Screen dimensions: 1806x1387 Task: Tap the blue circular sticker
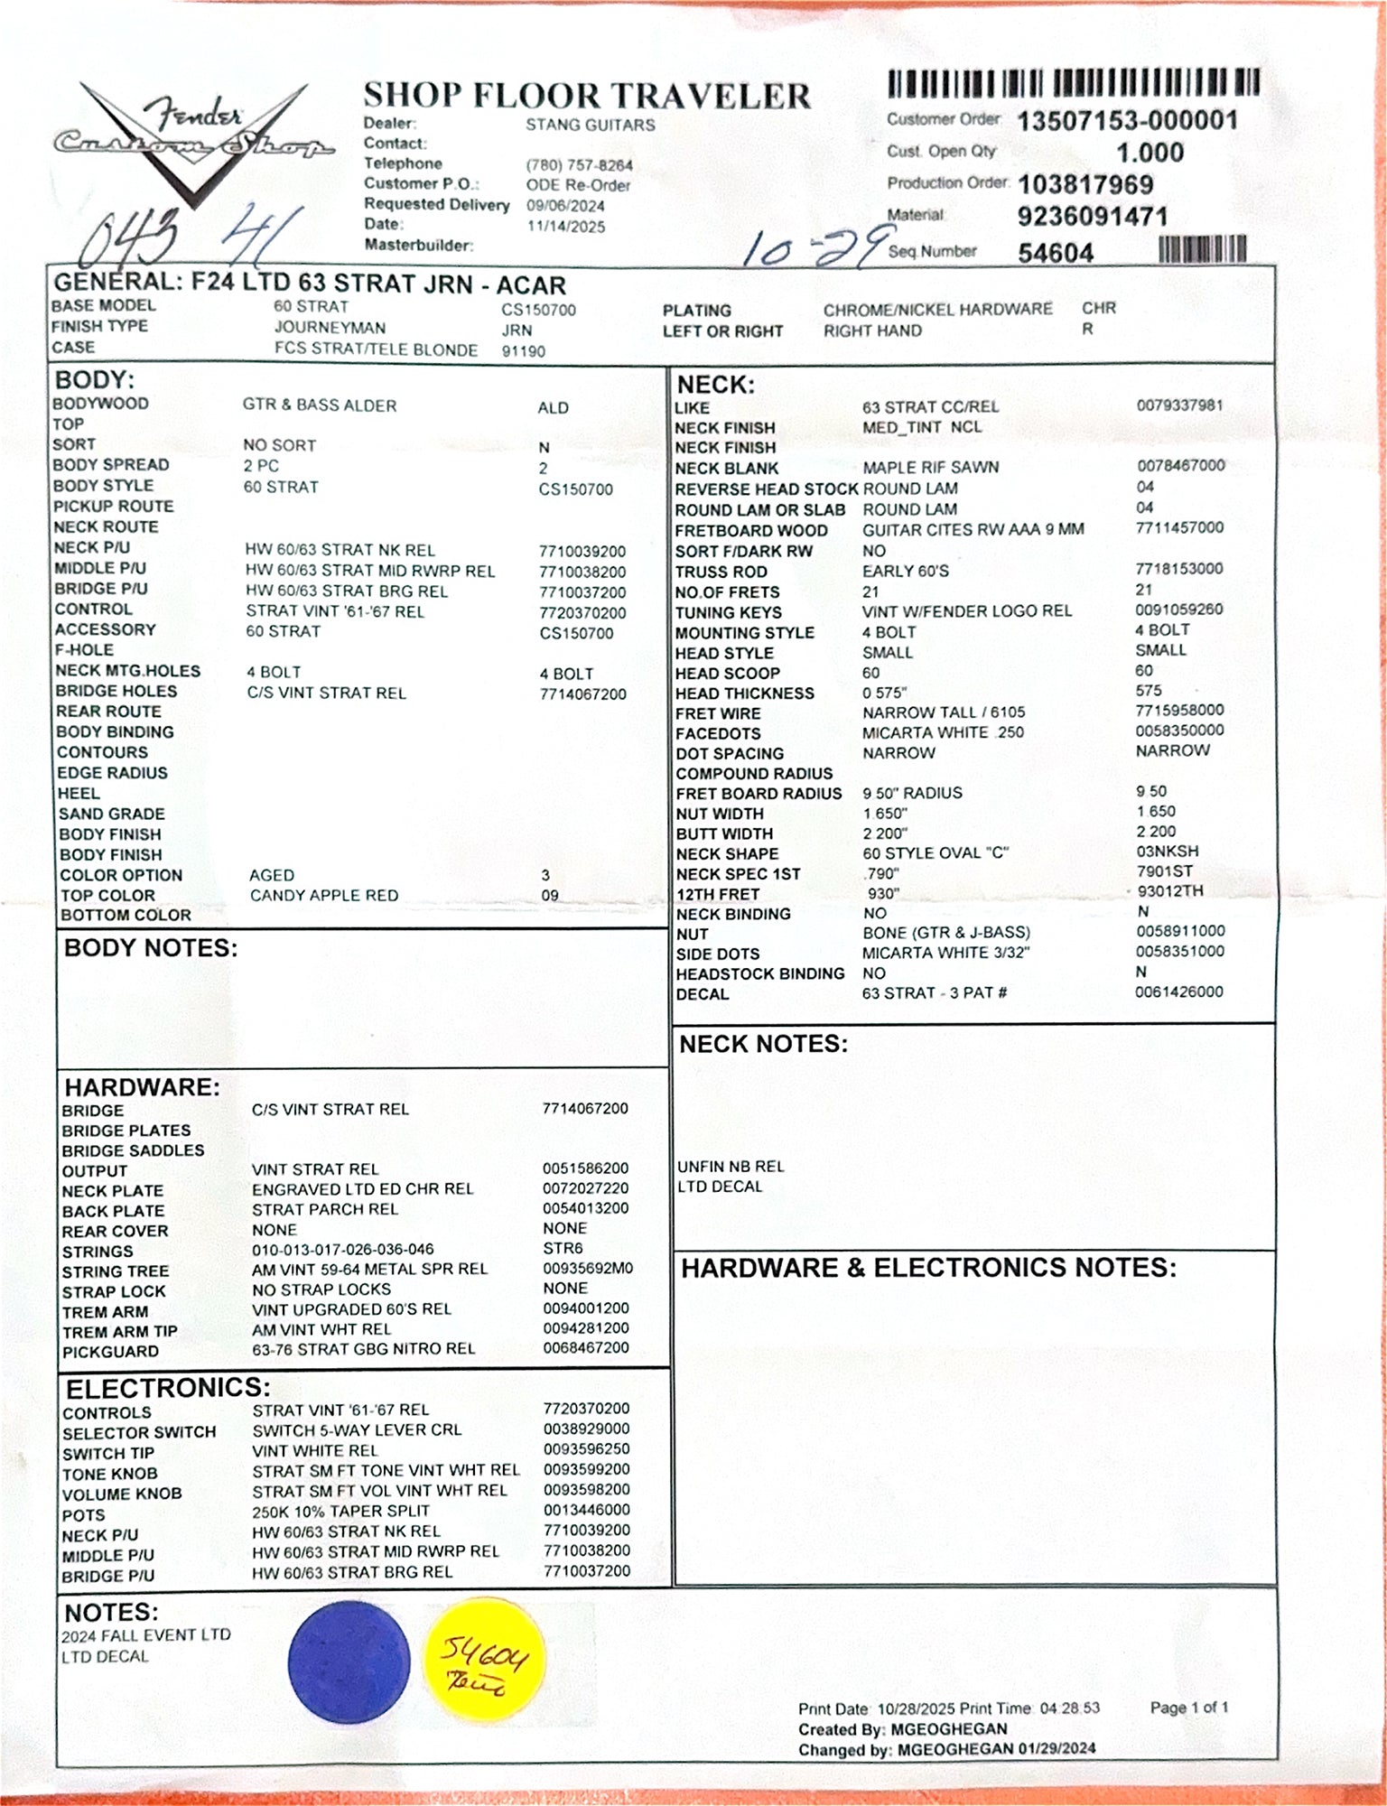click(349, 1662)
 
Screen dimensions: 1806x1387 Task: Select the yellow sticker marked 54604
click(484, 1663)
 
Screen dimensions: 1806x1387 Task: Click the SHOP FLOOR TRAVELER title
click(587, 96)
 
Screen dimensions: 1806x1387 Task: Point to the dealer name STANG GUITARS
click(591, 126)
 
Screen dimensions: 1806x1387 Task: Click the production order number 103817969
click(1085, 185)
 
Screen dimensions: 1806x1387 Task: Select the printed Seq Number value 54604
click(1056, 253)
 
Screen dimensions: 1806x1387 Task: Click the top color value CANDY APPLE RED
click(324, 896)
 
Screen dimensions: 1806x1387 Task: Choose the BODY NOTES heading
click(151, 948)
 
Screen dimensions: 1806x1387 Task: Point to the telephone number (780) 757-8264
click(579, 166)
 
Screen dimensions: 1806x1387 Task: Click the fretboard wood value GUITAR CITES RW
click(973, 530)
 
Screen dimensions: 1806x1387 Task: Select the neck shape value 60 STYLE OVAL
click(935, 853)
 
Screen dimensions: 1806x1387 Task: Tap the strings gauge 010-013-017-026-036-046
click(342, 1250)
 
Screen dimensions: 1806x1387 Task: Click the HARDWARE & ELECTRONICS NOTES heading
click(928, 1268)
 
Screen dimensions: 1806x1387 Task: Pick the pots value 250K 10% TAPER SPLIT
click(340, 1511)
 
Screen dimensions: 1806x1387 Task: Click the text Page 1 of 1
click(1188, 1708)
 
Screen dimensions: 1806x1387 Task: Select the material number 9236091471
click(1093, 218)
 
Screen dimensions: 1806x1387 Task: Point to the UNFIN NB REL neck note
click(731, 1167)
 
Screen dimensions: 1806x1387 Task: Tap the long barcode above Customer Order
click(1074, 84)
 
